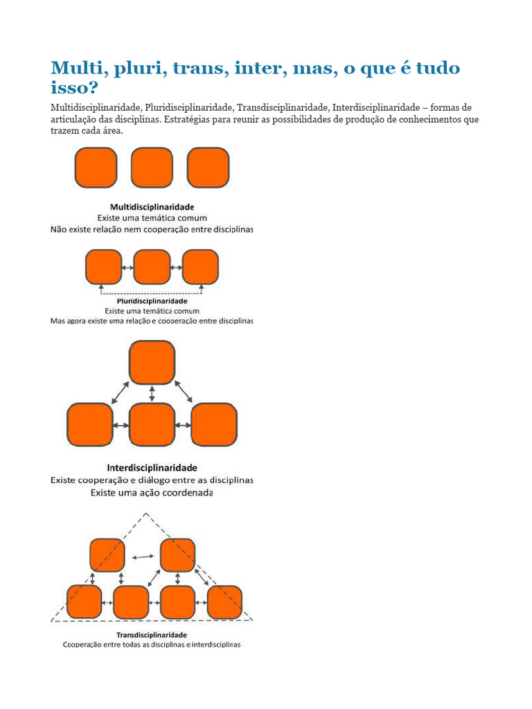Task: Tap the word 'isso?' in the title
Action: (x=74, y=89)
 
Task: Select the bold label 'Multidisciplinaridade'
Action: (x=152, y=206)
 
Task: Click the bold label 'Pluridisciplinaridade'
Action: (x=152, y=301)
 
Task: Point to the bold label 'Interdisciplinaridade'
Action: (x=152, y=467)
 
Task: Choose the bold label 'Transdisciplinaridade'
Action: (x=152, y=634)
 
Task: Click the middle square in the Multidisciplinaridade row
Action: (x=152, y=168)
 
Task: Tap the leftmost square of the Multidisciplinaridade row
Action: (x=96, y=168)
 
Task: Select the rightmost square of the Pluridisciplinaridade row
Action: (x=200, y=267)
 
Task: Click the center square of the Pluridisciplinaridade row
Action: (x=152, y=267)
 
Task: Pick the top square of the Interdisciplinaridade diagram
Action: (x=152, y=362)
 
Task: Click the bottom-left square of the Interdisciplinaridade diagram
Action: (x=90, y=424)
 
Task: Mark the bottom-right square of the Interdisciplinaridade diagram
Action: (x=214, y=424)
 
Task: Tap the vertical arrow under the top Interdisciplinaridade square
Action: (x=152, y=393)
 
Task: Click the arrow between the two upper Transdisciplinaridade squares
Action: (x=143, y=556)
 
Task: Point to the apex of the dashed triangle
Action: (x=146, y=513)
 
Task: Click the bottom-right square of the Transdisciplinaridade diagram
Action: (x=224, y=602)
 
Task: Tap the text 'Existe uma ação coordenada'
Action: (x=152, y=494)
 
